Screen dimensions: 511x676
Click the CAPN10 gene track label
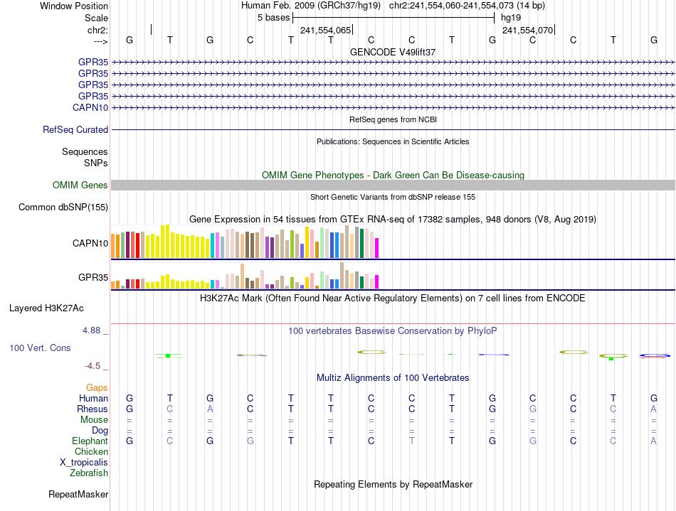pos(90,107)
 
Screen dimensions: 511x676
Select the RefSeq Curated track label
pos(75,130)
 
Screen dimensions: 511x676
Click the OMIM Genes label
pos(80,185)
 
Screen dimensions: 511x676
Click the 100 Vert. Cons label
pos(40,348)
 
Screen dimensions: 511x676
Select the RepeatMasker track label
pos(78,494)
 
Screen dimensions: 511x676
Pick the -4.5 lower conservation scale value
pos(93,366)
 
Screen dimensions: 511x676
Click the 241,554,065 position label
pos(325,31)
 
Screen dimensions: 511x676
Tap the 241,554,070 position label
pos(527,31)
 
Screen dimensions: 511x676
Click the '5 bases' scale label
pos(273,17)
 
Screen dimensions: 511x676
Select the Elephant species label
pos(90,441)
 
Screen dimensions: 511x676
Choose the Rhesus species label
pos(93,409)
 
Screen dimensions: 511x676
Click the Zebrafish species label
pos(89,473)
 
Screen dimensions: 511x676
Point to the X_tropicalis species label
pos(84,462)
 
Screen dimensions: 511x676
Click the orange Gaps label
pos(97,388)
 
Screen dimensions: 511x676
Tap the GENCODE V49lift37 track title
pos(393,53)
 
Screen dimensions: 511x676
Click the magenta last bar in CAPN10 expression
pos(376,248)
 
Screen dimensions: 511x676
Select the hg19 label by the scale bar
pos(511,17)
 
